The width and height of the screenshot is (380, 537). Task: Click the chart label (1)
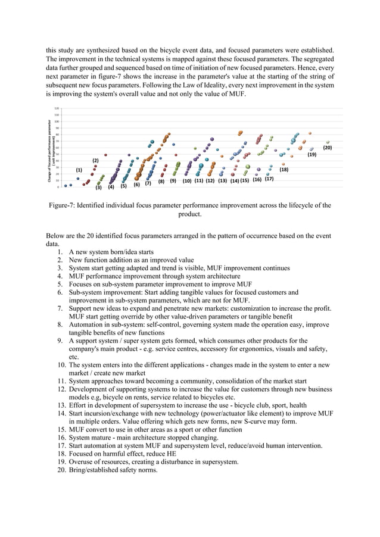79,170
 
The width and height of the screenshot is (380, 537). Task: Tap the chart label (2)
95,161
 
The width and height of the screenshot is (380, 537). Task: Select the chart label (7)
148,183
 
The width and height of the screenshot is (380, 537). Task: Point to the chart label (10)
187,180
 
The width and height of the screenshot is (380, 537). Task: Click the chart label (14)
234,180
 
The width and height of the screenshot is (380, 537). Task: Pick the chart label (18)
284,170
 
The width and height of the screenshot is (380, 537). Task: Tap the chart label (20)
328,146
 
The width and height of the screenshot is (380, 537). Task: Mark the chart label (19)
312,154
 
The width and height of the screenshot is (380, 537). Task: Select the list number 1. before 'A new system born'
60,252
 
